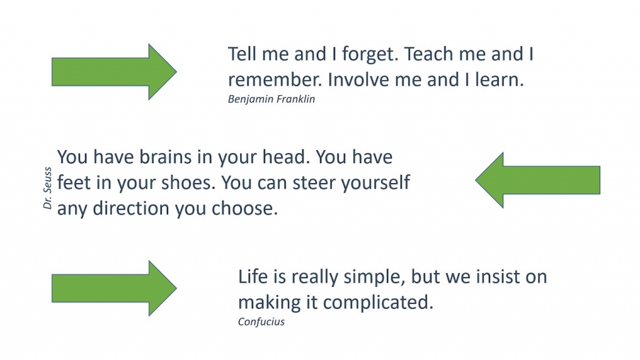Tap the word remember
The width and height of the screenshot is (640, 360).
275,80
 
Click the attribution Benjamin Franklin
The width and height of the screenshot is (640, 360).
271,99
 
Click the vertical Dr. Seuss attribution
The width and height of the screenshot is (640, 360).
47,188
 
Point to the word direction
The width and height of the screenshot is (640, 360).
131,209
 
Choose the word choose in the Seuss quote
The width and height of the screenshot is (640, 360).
244,209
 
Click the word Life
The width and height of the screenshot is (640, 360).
253,277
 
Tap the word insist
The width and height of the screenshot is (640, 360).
497,277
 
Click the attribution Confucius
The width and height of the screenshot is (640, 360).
261,322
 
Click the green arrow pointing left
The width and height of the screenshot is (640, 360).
537,180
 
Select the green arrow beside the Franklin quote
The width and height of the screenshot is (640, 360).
114,72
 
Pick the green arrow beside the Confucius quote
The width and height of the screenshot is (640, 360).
114,288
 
